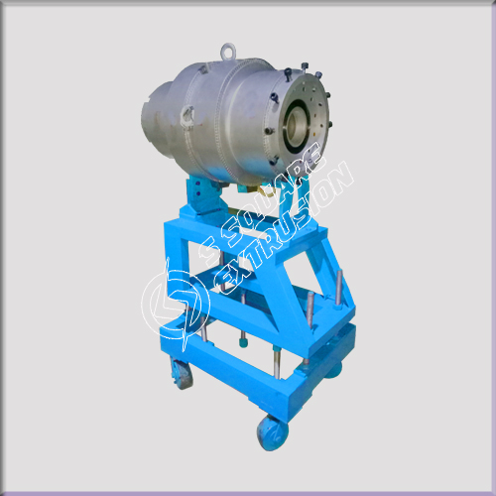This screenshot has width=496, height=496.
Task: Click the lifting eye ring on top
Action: pos(227,50)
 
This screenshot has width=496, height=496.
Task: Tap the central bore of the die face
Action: pos(296,123)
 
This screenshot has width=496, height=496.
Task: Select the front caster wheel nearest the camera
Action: pos(272,433)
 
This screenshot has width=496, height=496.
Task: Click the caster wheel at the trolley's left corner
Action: pos(181,374)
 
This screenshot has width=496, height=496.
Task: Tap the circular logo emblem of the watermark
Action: pos(175,305)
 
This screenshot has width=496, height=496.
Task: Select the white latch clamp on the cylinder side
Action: pos(186,114)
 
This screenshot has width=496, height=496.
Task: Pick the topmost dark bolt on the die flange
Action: pos(305,64)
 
